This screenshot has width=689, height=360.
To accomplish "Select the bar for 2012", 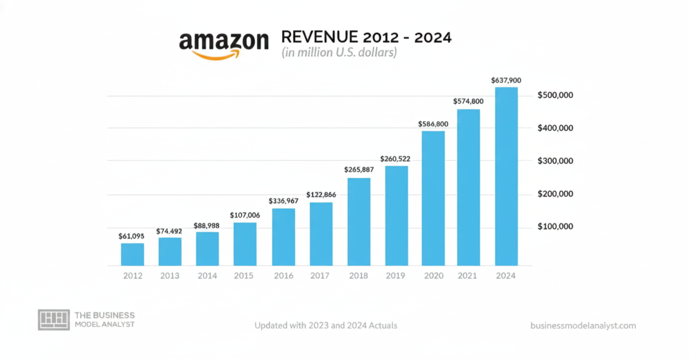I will coord(133,254).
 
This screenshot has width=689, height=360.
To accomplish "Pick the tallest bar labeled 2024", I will coord(506,176).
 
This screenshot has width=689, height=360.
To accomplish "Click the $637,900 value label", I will coord(506,80).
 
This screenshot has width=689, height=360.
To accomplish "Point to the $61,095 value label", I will coord(131,236).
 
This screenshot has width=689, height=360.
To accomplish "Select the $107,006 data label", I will coord(245,215).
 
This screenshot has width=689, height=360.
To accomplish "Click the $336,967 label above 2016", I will coord(283,201).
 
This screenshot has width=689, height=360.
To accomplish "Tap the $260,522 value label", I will coord(395,159).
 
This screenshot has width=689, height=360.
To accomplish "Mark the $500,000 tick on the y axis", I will coord(555,95).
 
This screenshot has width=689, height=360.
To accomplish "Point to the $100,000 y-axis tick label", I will coord(555,227).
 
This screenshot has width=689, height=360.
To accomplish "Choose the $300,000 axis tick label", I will coord(555,161).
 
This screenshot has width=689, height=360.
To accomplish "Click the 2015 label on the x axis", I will coord(244,276).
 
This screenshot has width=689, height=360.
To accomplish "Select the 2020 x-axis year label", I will coord(434,276).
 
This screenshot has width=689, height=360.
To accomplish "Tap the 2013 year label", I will coord(170,276).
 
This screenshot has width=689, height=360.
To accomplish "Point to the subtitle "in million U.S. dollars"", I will coord(339,53).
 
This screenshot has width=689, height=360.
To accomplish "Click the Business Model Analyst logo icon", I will coord(54,319).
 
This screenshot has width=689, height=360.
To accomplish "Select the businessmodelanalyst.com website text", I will coord(583,325).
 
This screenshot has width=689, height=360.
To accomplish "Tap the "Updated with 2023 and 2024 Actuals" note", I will coord(325,325).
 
